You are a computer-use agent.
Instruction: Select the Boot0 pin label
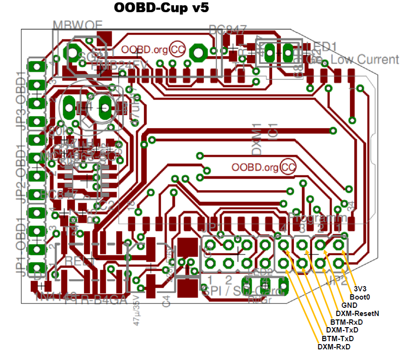(x=360, y=297)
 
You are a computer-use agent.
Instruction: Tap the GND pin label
(x=349, y=305)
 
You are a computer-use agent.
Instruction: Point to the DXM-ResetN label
(x=358, y=314)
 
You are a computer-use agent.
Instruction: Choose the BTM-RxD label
(x=346, y=322)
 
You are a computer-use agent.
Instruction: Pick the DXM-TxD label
(x=342, y=330)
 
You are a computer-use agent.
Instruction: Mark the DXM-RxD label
(x=333, y=347)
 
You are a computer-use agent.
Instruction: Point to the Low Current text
(x=365, y=60)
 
